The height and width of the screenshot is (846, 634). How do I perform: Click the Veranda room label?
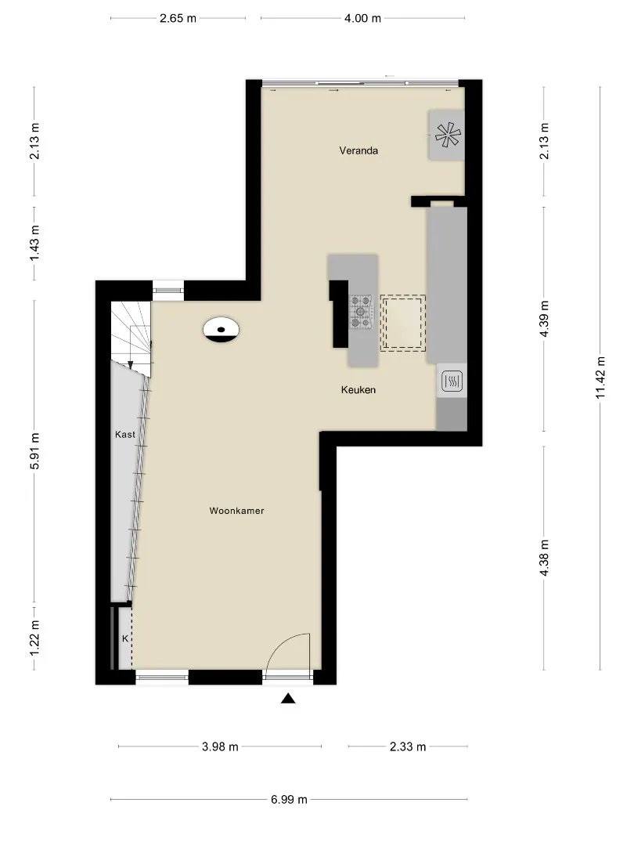[358, 150]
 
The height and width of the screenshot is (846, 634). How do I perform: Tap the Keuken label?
[358, 389]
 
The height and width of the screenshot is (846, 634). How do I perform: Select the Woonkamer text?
[236, 511]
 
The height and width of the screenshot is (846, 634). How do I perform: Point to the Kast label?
[125, 434]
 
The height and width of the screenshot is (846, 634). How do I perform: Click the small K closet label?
[125, 638]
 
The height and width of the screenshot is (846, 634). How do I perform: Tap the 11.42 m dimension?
[600, 378]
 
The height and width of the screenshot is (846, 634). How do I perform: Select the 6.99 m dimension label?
[289, 799]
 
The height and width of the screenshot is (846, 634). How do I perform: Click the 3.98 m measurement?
[220, 747]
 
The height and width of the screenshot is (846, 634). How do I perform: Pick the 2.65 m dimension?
[178, 18]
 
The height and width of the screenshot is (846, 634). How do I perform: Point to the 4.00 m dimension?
[363, 18]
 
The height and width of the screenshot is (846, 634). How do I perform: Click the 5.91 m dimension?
[34, 451]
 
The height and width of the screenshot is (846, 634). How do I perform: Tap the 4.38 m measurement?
[544, 558]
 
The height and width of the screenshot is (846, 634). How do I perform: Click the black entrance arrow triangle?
[288, 699]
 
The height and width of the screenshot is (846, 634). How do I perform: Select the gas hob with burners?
[361, 312]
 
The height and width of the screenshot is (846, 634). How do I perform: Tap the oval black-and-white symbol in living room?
[221, 330]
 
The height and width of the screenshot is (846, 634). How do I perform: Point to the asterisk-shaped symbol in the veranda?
[448, 135]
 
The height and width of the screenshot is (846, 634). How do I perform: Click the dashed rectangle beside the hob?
[403, 324]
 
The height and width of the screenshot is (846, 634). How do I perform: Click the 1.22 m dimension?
[34, 638]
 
